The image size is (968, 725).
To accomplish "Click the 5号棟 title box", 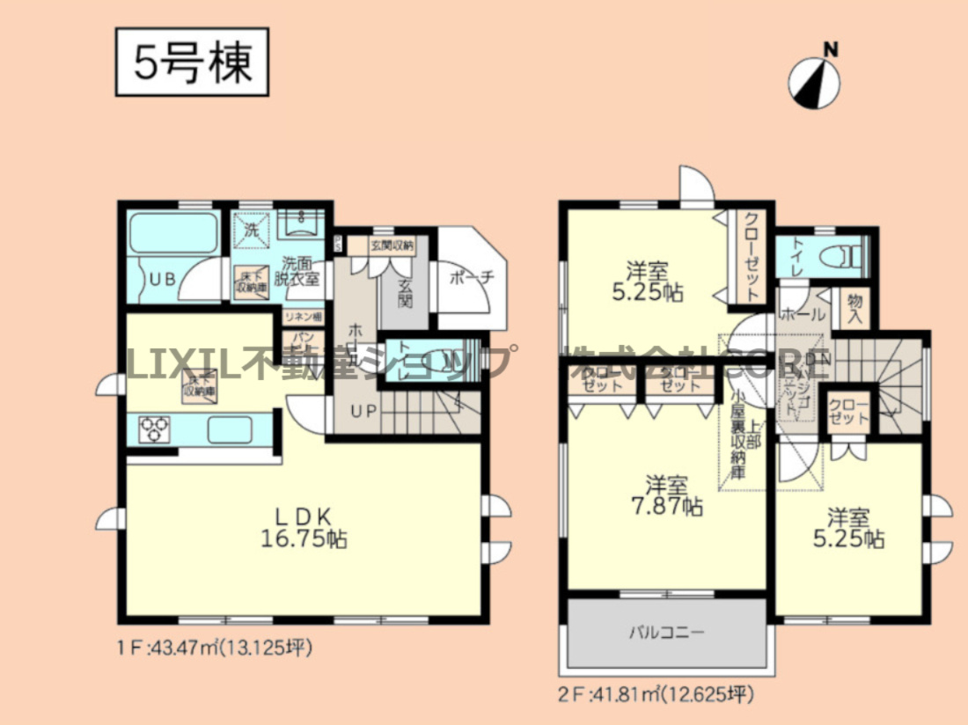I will (193, 62).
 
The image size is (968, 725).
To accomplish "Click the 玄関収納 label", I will (392, 246).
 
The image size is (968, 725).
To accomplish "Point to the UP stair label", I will (363, 410).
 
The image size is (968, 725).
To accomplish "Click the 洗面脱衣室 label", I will (301, 270).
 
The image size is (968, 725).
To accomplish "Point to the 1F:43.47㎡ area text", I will (215, 649).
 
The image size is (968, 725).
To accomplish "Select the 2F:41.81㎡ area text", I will (656, 695).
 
